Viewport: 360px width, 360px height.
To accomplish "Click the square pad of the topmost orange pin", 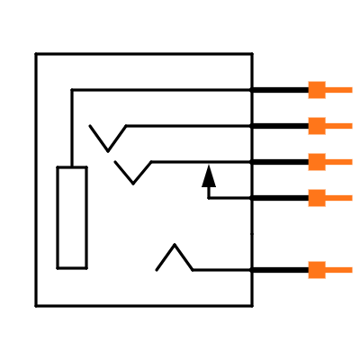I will tap(316, 90).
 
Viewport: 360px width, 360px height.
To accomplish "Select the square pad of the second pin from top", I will tap(316, 126).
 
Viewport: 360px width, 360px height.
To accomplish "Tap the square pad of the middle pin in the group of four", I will tap(316, 162).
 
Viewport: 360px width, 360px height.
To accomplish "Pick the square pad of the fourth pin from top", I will tap(316, 198).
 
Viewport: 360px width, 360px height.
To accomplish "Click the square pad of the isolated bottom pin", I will tap(316, 270).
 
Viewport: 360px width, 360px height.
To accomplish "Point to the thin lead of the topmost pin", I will tap(338, 90).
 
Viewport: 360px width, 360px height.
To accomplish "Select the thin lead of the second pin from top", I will tap(338, 126).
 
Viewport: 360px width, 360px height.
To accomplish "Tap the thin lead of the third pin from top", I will tap(338, 162).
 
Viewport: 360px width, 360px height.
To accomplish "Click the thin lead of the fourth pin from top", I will tap(338, 198).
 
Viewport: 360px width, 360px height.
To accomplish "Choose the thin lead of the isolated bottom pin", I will tap(338, 270).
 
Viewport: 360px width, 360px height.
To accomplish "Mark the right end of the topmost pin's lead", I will tap(351, 90).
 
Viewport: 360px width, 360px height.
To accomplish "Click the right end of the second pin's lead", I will tap(351, 126).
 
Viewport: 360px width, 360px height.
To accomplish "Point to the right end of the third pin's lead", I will tap(351, 162).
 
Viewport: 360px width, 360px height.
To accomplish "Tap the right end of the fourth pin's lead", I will tap(351, 198).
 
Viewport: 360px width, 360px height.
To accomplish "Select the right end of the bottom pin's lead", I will tap(351, 270).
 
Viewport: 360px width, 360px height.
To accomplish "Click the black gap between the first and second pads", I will tap(316, 108).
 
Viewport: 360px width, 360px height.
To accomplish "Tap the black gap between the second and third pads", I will tap(316, 144).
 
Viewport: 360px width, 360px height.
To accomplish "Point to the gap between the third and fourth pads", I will tap(316, 180).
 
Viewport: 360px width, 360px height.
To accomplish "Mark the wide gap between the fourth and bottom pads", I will tap(316, 234).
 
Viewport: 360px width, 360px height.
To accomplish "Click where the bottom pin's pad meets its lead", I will tap(325, 270).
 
